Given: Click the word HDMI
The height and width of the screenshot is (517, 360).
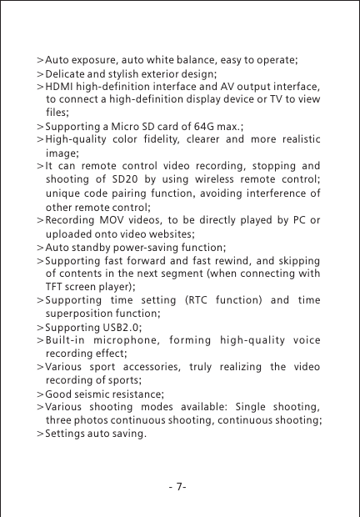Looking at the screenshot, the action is click(60, 87).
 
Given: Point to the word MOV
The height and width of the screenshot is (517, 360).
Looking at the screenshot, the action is click(107, 221).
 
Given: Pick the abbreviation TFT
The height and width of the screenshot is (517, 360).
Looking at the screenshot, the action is click(56, 288).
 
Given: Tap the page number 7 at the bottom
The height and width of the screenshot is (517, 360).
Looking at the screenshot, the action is click(181, 486).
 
